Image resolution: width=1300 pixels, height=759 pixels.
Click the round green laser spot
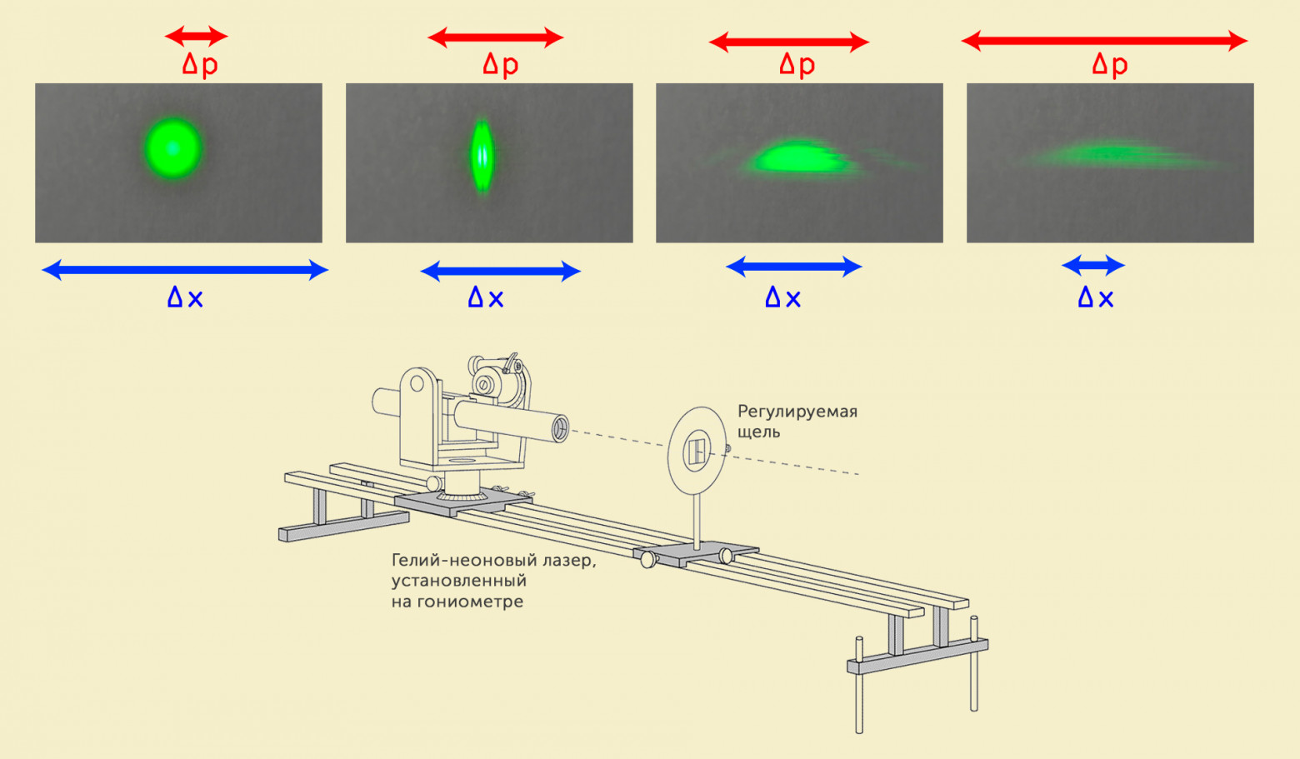(172, 148)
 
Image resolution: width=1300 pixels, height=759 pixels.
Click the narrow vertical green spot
(482, 156)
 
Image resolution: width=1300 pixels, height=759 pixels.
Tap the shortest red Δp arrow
(196, 36)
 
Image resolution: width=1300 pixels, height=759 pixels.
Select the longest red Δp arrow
(1104, 41)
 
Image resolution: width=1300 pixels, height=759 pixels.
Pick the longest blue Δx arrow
(185, 269)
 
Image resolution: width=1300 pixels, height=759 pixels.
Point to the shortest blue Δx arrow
(1093, 266)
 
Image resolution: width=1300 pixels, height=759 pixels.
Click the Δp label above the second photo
(501, 65)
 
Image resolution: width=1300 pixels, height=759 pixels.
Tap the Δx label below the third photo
(783, 297)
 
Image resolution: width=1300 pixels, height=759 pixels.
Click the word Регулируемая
(797, 412)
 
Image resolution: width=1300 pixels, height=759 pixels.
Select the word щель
(758, 432)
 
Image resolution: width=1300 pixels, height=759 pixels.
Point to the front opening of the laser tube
(561, 429)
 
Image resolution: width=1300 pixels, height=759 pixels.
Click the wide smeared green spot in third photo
(796, 157)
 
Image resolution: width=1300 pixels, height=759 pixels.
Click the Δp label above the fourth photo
(1110, 65)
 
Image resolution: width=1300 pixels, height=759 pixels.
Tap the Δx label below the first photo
(185, 297)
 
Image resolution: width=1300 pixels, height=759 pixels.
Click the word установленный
(459, 581)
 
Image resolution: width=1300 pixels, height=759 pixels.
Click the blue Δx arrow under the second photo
(500, 271)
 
